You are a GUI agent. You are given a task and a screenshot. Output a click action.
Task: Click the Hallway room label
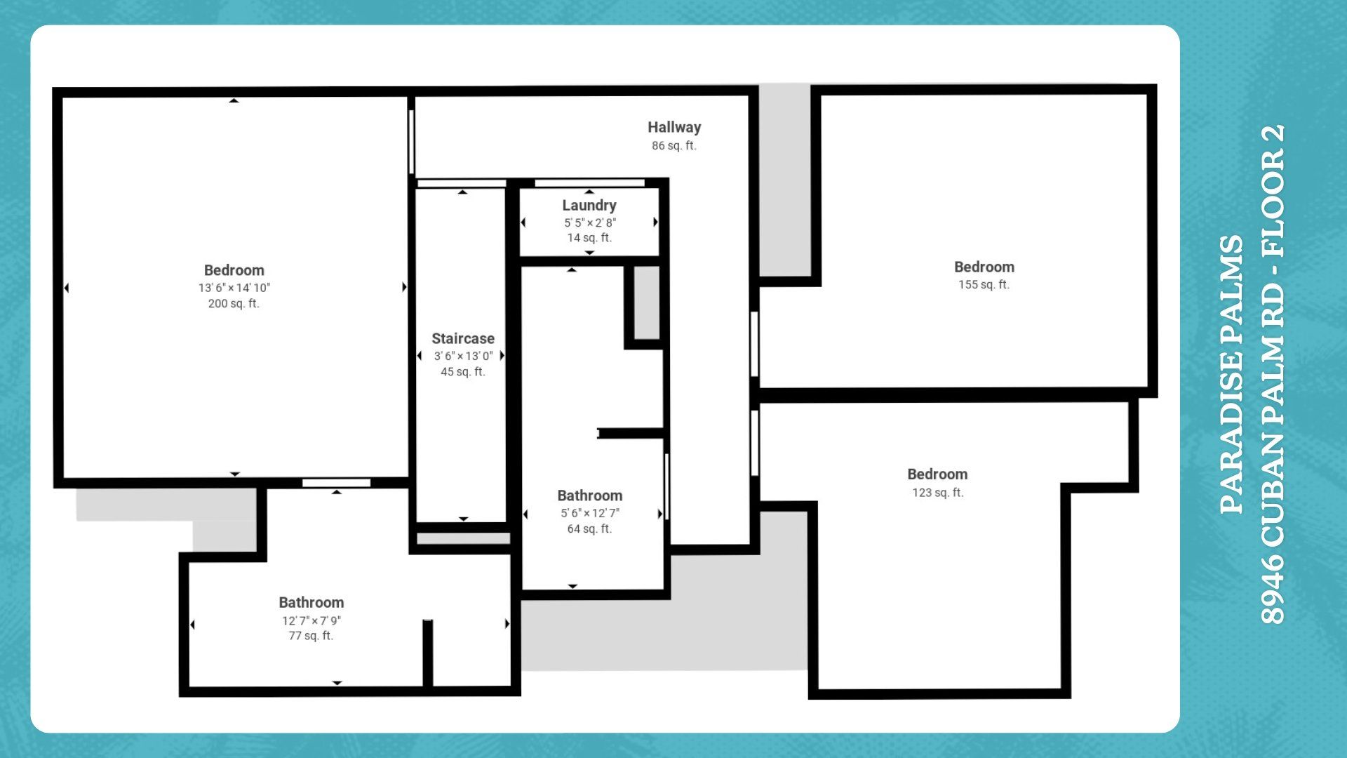point(674,127)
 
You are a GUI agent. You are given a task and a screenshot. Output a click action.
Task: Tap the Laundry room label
point(589,206)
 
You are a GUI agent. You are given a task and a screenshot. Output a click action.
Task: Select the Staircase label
point(463,338)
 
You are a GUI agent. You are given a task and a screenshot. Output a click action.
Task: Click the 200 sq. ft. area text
point(234,303)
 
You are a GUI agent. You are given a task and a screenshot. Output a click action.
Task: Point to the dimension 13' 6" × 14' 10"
point(234,288)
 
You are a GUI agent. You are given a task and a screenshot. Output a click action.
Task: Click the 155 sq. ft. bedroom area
point(984,284)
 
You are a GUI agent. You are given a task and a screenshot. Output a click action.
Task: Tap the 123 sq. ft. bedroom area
point(938,493)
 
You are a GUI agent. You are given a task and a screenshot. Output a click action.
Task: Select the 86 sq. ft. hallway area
point(674,145)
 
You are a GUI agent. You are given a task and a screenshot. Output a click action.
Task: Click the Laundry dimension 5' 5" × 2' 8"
point(590,222)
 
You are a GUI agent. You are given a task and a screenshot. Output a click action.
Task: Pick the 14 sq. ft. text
point(589,238)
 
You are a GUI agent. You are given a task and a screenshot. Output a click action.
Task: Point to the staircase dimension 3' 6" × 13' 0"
point(463,356)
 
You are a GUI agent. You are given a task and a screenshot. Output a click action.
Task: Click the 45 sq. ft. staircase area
point(463,372)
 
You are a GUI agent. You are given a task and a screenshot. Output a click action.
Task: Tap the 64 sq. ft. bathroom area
point(589,529)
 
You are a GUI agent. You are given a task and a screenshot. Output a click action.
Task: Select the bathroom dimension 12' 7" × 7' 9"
point(311,620)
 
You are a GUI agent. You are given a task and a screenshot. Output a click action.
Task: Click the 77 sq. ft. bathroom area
point(311,636)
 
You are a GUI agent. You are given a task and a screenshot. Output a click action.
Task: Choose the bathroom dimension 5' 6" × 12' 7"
point(590,513)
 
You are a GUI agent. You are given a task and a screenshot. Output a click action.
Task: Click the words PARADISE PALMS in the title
point(1232,374)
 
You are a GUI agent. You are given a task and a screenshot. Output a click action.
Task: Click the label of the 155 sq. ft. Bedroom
point(984,267)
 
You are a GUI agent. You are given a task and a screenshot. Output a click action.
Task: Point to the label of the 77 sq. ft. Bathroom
point(311,602)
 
